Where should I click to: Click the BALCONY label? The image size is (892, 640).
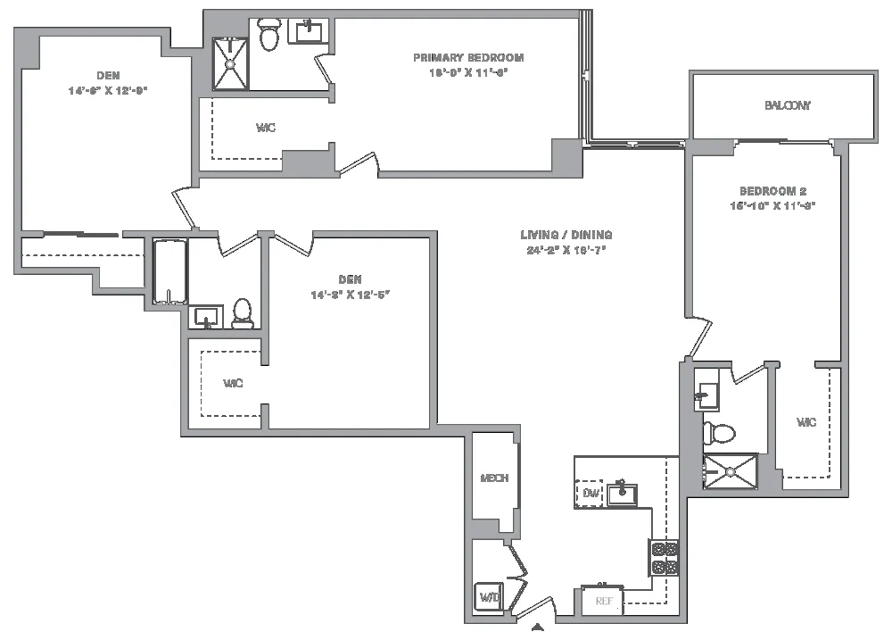[x=787, y=105]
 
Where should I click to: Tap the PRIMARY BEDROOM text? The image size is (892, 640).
[x=468, y=58]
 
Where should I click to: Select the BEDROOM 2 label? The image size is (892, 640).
[x=772, y=191]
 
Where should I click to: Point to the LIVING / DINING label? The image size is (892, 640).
[x=566, y=236]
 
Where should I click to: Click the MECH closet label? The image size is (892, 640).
[x=493, y=478]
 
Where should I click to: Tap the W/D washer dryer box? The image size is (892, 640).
[x=490, y=597]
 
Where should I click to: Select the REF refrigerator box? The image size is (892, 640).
[x=604, y=601]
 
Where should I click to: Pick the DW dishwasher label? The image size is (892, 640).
[x=591, y=494]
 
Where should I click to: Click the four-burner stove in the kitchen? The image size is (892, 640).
[x=665, y=558]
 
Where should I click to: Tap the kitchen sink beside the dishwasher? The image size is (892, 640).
[x=622, y=493]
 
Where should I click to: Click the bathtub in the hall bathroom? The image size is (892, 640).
[x=169, y=271]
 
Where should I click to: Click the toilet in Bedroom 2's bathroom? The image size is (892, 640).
[x=718, y=434]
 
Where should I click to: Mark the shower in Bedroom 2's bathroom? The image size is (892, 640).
[x=729, y=471]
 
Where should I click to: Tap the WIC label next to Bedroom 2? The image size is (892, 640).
[x=806, y=422]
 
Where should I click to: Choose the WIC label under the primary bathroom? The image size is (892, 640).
[x=265, y=129]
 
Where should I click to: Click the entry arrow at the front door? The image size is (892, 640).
[x=537, y=628]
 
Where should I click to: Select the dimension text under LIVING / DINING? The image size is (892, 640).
[x=566, y=250]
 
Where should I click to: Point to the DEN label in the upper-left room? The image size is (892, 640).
[x=108, y=76]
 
